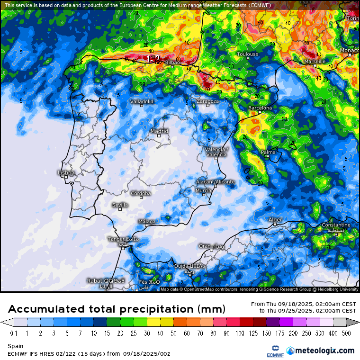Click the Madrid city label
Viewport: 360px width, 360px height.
(159, 131)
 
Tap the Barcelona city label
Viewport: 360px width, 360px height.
(260, 108)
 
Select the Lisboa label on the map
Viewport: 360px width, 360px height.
(66, 173)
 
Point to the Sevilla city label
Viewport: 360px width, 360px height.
(120, 205)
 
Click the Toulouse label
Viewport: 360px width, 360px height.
(248, 54)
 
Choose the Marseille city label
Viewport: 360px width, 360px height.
(315, 61)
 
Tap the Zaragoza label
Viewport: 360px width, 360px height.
(207, 101)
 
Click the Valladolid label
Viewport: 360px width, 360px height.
(142, 101)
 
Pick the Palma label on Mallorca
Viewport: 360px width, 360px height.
(268, 152)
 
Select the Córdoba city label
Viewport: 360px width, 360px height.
(141, 193)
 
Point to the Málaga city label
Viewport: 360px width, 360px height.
(147, 221)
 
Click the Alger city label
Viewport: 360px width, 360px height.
(275, 220)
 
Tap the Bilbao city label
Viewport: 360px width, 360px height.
(173, 62)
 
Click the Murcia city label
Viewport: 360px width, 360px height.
(203, 190)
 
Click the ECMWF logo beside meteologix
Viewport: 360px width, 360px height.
(275, 351)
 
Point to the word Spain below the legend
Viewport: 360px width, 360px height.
(15, 346)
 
